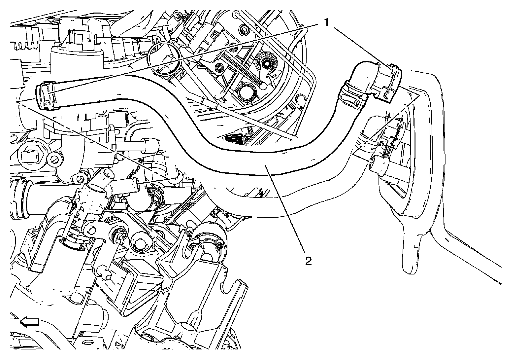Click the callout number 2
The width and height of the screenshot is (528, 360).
point(308,261)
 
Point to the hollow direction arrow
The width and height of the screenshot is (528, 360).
point(30,322)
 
